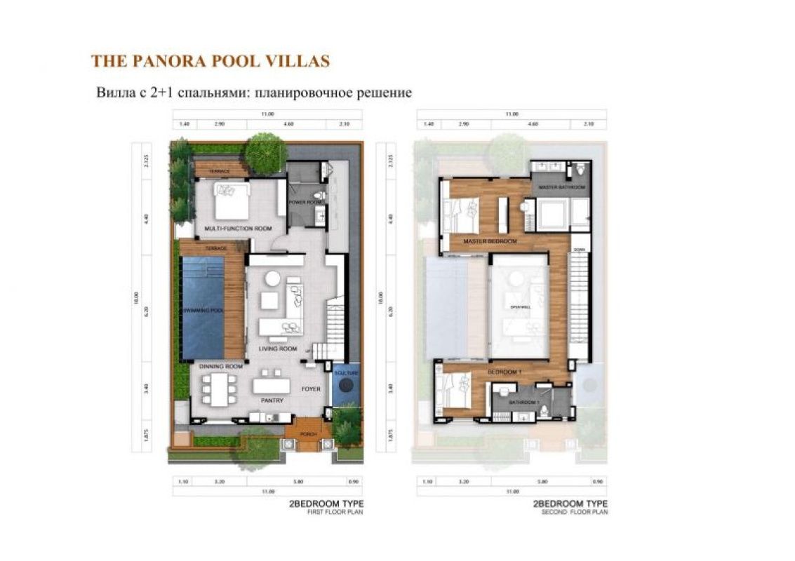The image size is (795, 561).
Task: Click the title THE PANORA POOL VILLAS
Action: pyautogui.click(x=210, y=61)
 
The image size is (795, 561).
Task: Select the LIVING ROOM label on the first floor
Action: pyautogui.click(x=276, y=349)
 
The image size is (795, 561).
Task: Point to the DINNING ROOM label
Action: pyautogui.click(x=220, y=366)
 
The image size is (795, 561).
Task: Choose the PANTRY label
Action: pyautogui.click(x=271, y=402)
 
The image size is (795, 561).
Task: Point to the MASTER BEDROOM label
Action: pyautogui.click(x=490, y=241)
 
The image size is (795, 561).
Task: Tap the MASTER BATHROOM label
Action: pyautogui.click(x=561, y=188)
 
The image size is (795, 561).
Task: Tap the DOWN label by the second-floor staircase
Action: pyautogui.click(x=579, y=250)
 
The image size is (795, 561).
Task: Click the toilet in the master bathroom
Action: pyautogui.click(x=580, y=170)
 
